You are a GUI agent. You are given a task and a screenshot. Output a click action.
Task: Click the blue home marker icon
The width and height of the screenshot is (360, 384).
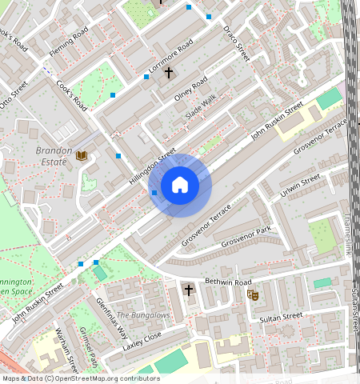click(x=180, y=186)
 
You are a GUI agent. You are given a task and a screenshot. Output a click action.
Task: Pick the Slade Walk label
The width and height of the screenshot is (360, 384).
click(x=201, y=108)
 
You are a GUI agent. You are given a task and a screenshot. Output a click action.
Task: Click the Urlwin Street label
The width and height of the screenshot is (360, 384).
click(x=300, y=186)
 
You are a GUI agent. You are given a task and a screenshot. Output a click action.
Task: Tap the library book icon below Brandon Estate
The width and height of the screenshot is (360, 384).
click(x=82, y=155)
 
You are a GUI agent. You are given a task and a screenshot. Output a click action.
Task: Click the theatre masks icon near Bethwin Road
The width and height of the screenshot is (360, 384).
click(x=254, y=295)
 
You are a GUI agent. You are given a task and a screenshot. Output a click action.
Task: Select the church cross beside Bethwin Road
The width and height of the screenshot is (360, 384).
click(x=189, y=290)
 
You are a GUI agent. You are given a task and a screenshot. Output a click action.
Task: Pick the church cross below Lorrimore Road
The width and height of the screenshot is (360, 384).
click(x=168, y=73)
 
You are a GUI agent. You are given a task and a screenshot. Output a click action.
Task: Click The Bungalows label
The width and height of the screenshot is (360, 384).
click(x=143, y=315)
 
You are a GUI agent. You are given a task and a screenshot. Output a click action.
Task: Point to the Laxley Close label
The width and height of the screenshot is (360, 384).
click(x=142, y=342)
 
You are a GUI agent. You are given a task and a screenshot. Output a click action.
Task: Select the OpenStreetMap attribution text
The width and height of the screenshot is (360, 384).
click(x=81, y=378)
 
